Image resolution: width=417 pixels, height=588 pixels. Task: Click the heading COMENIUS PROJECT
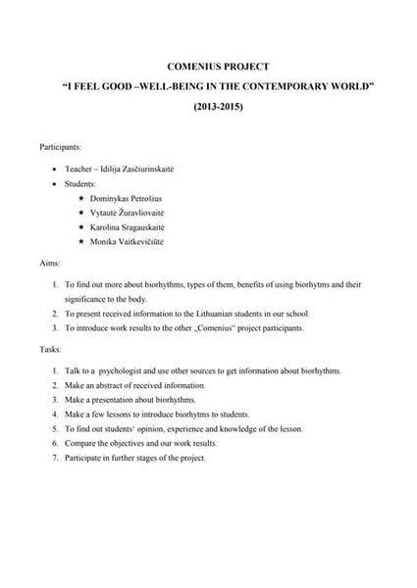pos(208,67)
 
